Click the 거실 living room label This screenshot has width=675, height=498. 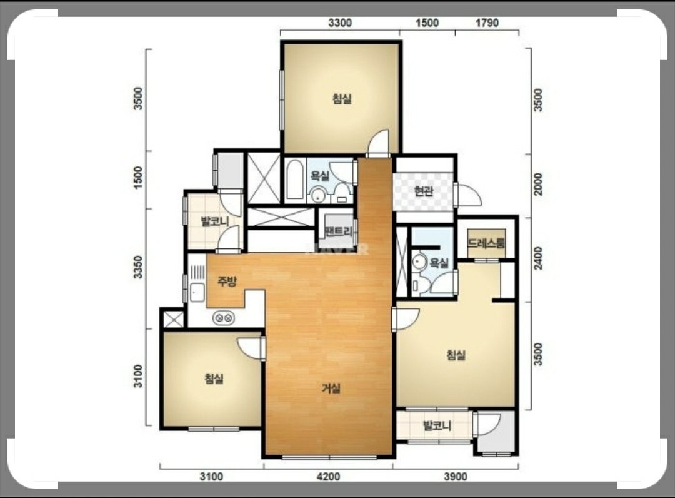click(331, 388)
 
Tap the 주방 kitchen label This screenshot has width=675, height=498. click(227, 282)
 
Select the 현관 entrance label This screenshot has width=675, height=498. click(424, 191)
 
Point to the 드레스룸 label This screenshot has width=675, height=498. click(486, 243)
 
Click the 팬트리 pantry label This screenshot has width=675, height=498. click(339, 231)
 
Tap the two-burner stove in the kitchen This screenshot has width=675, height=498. click(224, 318)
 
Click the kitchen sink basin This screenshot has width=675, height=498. click(197, 293)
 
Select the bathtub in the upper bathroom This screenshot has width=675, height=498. click(295, 179)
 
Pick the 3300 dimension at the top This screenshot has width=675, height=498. click(340, 23)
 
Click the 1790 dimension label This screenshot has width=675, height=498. click(487, 23)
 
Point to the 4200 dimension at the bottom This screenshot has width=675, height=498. click(328, 477)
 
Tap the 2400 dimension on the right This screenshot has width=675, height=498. click(538, 258)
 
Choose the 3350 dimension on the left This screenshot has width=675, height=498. click(137, 267)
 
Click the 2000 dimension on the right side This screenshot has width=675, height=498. click(538, 184)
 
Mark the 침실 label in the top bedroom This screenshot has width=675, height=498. click(342, 99)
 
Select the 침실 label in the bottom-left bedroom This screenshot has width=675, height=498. click(214, 379)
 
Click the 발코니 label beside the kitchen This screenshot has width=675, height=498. click(215, 221)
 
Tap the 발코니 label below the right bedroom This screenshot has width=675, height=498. click(437, 425)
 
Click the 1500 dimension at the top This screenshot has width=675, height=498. click(427, 23)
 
